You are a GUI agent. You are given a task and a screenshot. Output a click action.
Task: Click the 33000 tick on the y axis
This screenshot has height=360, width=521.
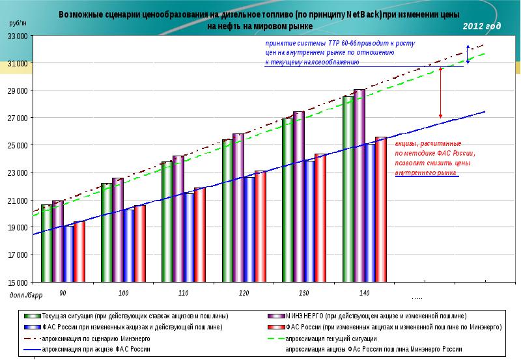click(x=18, y=36)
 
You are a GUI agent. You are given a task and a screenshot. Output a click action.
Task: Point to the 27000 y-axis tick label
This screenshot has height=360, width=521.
click(x=18, y=118)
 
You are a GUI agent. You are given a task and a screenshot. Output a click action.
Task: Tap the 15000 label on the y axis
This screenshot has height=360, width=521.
click(x=18, y=283)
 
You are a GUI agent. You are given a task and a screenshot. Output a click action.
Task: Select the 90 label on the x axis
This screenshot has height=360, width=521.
click(x=63, y=294)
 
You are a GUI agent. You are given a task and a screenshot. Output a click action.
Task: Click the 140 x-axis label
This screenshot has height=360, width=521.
click(x=363, y=294)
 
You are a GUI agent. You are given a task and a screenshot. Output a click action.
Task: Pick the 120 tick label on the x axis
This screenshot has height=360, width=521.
click(x=244, y=294)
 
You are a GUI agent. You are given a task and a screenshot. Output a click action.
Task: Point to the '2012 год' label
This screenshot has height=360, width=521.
click(x=483, y=26)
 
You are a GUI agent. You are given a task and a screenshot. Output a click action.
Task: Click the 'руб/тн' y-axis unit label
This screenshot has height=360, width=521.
click(x=18, y=23)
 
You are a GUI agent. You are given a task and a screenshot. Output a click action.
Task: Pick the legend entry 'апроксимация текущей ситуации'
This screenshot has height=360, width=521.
click(x=332, y=339)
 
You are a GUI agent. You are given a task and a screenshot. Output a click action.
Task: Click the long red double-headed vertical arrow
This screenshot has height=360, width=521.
click(x=441, y=91)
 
